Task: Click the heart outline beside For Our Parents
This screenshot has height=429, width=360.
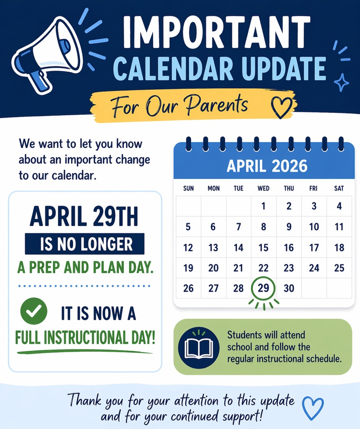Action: [282, 107]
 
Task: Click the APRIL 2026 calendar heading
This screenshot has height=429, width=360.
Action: [266, 166]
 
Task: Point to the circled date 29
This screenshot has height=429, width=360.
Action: [264, 288]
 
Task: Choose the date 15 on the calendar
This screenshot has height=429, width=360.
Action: [264, 248]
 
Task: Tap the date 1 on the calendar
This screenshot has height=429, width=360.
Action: [264, 206]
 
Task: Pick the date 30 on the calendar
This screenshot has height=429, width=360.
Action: [288, 288]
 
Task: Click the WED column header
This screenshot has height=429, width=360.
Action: [264, 189]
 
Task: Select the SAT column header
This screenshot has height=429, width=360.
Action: [339, 189]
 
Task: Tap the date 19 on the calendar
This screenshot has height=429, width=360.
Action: [189, 268]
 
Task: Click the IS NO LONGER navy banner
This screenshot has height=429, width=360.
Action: [84, 244]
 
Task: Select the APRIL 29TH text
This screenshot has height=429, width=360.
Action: [84, 217]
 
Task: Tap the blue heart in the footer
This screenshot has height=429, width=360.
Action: [313, 407]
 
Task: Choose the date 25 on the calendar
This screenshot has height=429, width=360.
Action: [339, 268]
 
